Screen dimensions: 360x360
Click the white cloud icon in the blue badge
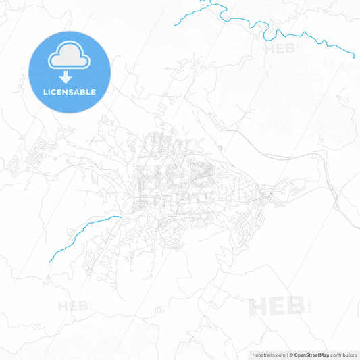(69, 59)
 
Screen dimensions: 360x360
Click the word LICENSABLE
(69, 92)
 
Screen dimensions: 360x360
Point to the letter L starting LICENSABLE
(45, 92)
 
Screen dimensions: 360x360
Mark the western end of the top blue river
(174, 26)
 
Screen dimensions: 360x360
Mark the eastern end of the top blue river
(355, 57)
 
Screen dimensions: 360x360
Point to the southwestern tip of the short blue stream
(49, 264)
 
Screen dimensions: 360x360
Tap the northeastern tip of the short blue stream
(121, 217)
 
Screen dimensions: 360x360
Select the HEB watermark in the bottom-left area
(73, 306)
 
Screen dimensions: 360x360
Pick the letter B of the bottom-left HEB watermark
(84, 306)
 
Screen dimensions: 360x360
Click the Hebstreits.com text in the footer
(267, 354)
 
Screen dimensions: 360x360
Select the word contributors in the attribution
(344, 354)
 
